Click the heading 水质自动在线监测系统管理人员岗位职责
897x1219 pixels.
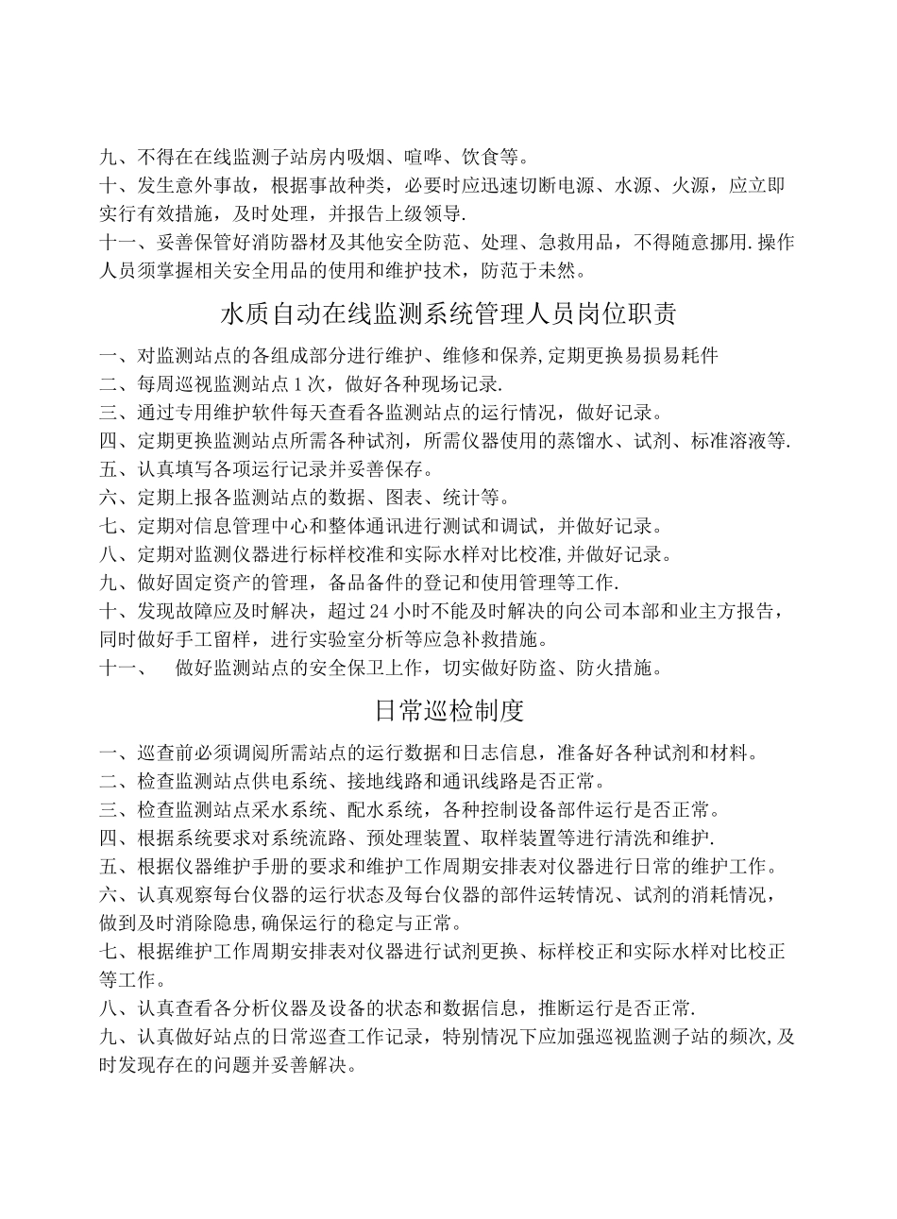click(x=448, y=313)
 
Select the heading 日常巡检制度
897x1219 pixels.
click(x=448, y=710)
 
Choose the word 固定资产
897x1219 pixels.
click(x=213, y=582)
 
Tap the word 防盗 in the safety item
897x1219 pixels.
click(x=557, y=669)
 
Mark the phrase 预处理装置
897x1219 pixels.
click(x=431, y=838)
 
